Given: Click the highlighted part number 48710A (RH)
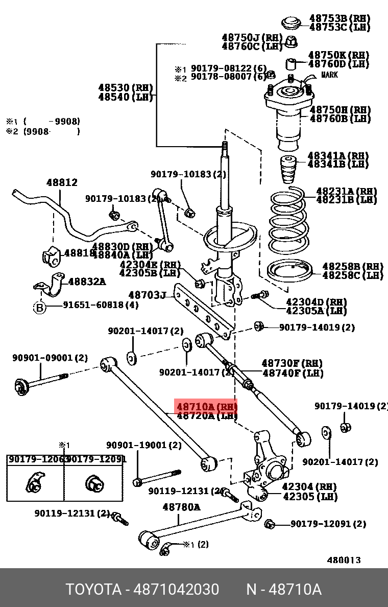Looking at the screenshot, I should pos(206,407).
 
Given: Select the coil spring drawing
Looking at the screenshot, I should pos(288,222).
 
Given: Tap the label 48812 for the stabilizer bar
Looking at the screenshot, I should pos(62,182).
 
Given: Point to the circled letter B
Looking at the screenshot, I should pos(40,307).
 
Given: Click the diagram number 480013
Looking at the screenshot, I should pos(344,559).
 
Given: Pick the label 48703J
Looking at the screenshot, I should pos(148,295).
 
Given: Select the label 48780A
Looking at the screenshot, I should pos(181,507).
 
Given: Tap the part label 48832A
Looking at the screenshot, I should pos(87,281).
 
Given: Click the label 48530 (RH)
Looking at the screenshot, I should pos(125,88).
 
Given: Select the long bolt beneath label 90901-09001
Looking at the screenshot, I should pos(41,383).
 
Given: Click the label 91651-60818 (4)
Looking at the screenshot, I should pos(101,305).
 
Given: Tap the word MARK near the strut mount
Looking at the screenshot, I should pos(329,75).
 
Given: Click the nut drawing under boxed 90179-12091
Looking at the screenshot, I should pos(94,483).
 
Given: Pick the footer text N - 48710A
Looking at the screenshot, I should pos(284,590).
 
